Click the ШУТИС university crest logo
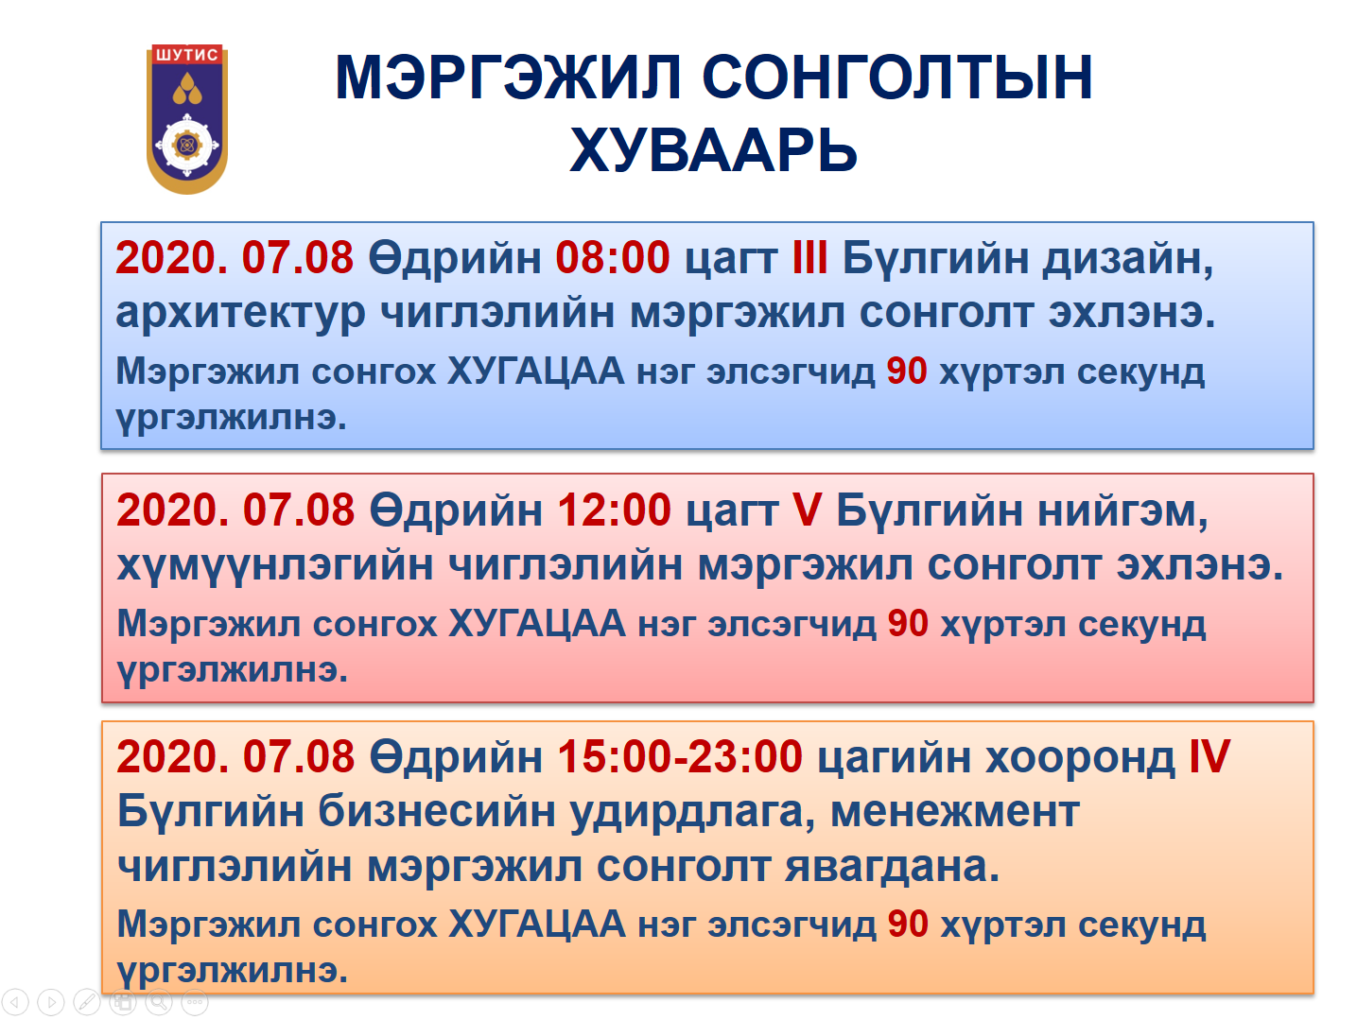(186, 119)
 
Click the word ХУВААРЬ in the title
(713, 150)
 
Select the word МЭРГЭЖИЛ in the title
(508, 78)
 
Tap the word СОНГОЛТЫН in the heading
(897, 78)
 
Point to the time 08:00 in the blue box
(612, 258)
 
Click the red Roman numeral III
(809, 258)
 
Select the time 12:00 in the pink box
(614, 510)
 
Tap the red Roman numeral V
(807, 510)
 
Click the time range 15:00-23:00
(680, 757)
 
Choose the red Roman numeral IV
(1209, 757)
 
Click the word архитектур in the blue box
(240, 314)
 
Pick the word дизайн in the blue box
(1128, 259)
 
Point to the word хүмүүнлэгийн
(275, 566)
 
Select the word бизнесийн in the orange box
(437, 812)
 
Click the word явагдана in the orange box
(892, 868)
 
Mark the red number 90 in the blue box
(907, 372)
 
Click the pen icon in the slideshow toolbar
(87, 1002)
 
